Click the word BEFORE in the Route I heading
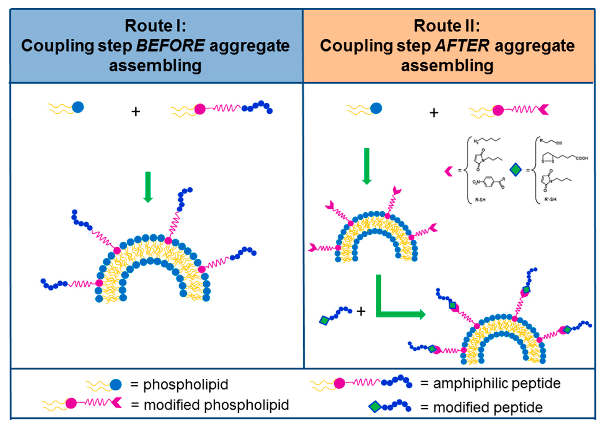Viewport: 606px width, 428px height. tap(170, 46)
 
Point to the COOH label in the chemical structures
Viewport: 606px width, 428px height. tap(582, 158)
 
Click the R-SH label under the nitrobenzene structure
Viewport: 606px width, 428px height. tap(480, 200)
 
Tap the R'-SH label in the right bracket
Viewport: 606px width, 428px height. tap(550, 199)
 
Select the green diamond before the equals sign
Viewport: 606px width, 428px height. tap(515, 170)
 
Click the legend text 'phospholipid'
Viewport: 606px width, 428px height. tap(186, 385)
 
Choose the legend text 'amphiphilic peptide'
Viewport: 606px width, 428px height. tap(497, 383)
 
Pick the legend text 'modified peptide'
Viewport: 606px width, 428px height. tap(488, 407)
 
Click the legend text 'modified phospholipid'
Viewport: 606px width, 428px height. tap(216, 405)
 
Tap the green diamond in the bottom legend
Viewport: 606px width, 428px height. tap(375, 407)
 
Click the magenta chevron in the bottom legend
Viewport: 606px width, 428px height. tap(116, 403)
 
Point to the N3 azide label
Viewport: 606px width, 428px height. tap(476, 142)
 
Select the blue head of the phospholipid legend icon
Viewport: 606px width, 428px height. tap(116, 385)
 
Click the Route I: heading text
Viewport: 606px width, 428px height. tap(155, 26)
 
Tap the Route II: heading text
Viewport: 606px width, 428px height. tap(447, 26)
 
